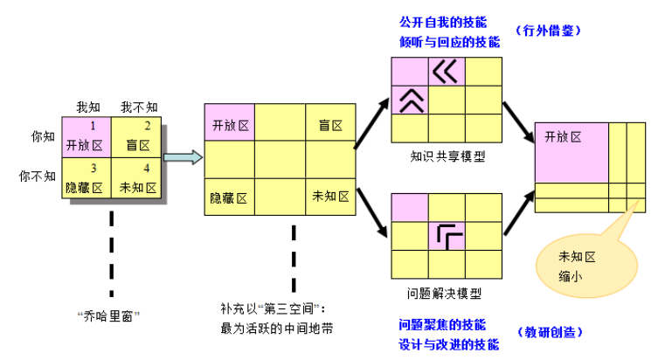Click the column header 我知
(x=88, y=107)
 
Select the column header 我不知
(x=138, y=107)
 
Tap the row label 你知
(x=42, y=137)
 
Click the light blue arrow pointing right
(x=183, y=157)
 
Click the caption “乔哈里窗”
(x=110, y=313)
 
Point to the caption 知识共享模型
(x=447, y=159)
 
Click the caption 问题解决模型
(x=446, y=293)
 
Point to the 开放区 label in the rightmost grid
(x=563, y=137)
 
